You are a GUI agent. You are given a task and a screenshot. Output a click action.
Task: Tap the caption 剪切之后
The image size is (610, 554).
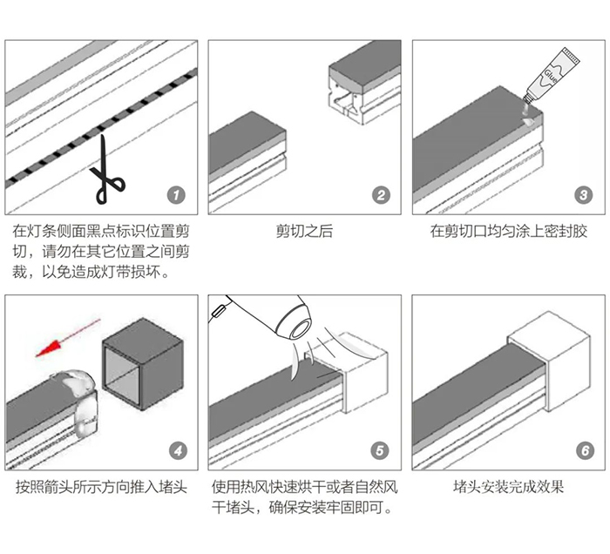coord(304,232)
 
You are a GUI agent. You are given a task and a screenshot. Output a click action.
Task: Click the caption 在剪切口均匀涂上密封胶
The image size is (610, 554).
coord(509,232)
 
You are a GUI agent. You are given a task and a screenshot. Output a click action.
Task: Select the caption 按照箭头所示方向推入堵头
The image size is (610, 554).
coord(101,487)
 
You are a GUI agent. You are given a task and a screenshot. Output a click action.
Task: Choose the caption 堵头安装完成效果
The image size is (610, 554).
coord(509,487)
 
